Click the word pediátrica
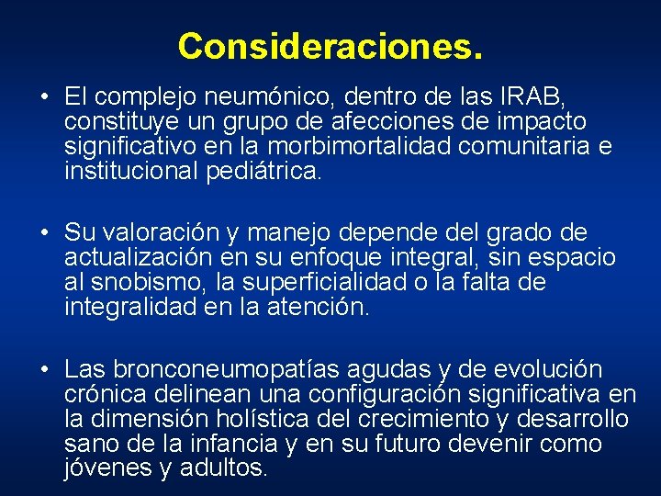pyautogui.click(x=260, y=171)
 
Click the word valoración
pyautogui.click(x=153, y=233)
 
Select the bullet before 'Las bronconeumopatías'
pyautogui.click(x=44, y=371)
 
